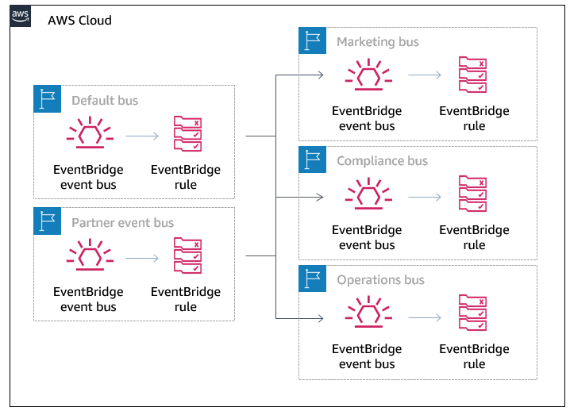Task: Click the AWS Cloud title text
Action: (79, 20)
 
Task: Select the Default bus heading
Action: (104, 101)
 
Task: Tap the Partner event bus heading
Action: (122, 223)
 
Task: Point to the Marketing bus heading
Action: (377, 42)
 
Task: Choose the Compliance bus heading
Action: (382, 161)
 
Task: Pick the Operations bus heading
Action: (380, 280)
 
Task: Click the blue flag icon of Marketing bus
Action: (312, 41)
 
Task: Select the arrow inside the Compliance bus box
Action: (425, 196)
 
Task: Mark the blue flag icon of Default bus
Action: (48, 99)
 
